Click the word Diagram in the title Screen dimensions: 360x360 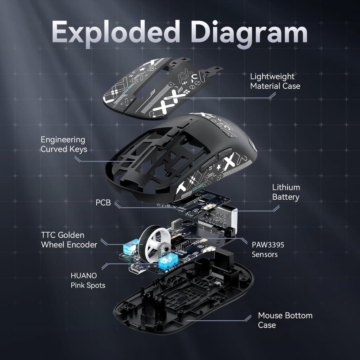pyautogui.click(x=251, y=32)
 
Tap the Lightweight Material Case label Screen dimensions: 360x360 pyautogui.click(x=275, y=81)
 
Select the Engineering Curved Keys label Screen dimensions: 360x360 pyautogui.click(x=64, y=144)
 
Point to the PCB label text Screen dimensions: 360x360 pyautogui.click(x=103, y=203)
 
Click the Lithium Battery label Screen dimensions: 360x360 pyautogui.click(x=286, y=192)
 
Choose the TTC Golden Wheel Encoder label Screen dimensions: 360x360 pyautogui.click(x=69, y=240)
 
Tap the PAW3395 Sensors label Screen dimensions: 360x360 pyautogui.click(x=268, y=249)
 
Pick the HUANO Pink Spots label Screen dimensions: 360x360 pyautogui.click(x=88, y=281)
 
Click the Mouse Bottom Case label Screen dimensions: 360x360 pyautogui.click(x=285, y=320)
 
